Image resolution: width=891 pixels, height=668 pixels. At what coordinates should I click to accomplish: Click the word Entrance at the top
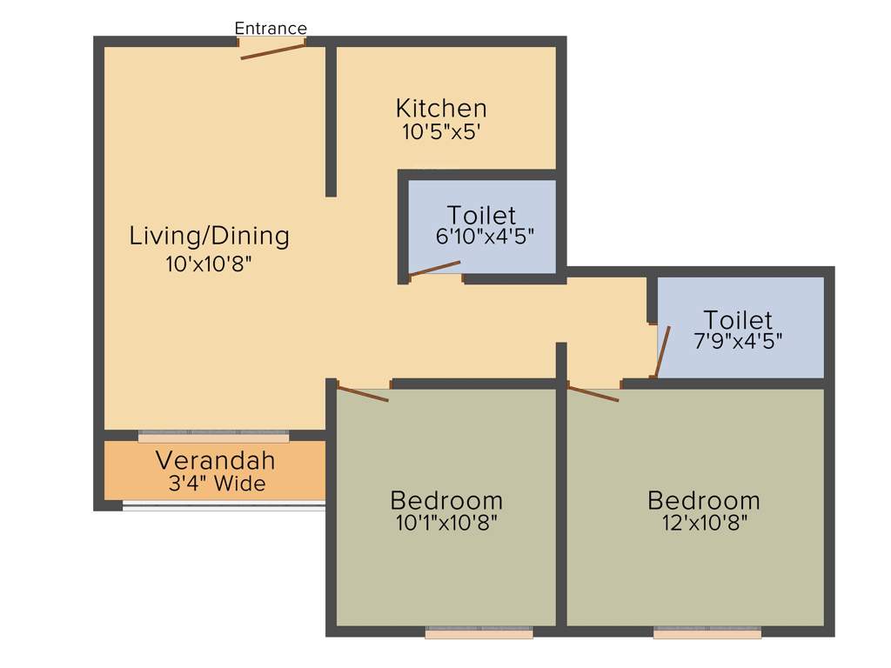tap(271, 29)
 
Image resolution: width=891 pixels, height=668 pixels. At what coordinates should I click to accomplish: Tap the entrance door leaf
tap(273, 51)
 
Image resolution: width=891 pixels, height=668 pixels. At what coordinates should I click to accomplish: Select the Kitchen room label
tap(441, 109)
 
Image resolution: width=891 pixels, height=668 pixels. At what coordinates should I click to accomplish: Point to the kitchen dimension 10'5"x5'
tap(441, 132)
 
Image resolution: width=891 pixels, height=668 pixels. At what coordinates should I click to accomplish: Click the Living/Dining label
tap(209, 236)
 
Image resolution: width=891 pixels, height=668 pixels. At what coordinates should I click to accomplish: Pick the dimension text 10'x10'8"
tap(209, 264)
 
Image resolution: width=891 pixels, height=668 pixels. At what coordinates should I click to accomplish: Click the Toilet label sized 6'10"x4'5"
tap(481, 215)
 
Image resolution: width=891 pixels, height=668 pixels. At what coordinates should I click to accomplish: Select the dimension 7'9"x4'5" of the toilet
tap(738, 341)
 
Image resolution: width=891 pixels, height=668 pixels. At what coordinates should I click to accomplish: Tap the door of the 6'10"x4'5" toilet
tap(434, 268)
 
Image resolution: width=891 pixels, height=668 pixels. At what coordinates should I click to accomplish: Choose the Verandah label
tap(215, 460)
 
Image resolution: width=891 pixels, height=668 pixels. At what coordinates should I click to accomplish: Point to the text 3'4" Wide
tap(217, 484)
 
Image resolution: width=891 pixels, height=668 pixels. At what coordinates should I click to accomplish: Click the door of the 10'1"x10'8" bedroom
tap(363, 394)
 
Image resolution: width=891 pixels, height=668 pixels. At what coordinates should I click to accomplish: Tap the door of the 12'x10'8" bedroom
tap(593, 393)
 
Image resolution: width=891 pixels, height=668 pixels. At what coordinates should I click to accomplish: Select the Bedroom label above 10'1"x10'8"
tap(446, 501)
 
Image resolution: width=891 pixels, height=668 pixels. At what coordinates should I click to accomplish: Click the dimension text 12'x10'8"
tap(704, 523)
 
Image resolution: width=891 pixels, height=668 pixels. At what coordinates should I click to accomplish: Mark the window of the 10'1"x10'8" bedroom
tap(479, 634)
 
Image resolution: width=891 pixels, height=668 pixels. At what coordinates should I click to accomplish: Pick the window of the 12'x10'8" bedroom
tap(707, 634)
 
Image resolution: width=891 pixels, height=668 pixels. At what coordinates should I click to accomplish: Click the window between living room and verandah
tap(213, 436)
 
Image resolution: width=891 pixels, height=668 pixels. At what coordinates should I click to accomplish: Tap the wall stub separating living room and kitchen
tap(331, 122)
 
